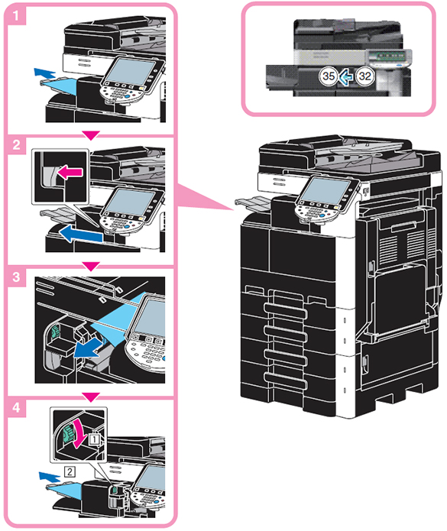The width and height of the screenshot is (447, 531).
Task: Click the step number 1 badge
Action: coord(16,15)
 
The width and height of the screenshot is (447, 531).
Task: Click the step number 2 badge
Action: coord(16,145)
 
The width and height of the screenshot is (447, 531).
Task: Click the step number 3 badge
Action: coord(16,277)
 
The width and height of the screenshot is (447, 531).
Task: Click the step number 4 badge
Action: coord(16,407)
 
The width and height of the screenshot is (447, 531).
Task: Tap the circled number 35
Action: coord(328,76)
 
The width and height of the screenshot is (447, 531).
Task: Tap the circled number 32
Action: coord(364,76)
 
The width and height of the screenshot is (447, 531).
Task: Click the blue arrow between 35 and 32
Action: coord(346,76)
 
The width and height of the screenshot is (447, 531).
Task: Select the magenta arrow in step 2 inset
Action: coord(70,173)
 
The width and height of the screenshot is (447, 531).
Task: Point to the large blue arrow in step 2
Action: coord(81,235)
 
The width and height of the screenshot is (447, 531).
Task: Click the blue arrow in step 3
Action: coord(87,348)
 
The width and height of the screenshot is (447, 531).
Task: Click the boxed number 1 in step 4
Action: coord(95,439)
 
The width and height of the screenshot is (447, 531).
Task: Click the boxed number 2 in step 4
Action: coord(70,471)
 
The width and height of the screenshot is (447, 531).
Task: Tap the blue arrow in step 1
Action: coord(44,73)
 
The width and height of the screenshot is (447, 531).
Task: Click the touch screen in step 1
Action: coord(130,72)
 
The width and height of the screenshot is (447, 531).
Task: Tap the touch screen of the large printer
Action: coord(325,191)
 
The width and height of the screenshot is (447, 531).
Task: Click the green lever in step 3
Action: coord(54,331)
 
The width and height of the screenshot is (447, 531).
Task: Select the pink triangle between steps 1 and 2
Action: coord(92,135)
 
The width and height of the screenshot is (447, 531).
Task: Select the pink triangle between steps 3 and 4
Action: coord(92,397)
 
